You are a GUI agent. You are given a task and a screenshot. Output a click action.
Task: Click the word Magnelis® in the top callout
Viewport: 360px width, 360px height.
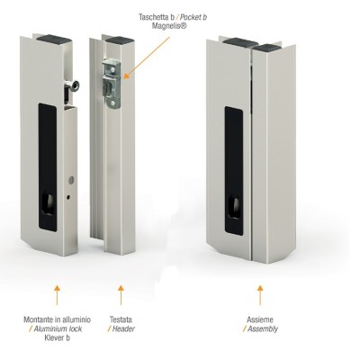[x=169, y=26]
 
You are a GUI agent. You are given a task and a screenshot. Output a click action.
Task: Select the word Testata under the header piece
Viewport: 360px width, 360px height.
[x=121, y=319]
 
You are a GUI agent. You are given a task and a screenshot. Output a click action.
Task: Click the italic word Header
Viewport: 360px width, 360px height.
[x=123, y=328]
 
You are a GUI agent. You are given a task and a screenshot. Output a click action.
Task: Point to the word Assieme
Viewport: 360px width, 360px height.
[x=260, y=319]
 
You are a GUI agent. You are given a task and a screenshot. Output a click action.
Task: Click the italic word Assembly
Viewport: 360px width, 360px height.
[x=263, y=329]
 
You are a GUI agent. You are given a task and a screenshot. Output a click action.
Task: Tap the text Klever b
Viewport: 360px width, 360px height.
[x=57, y=337]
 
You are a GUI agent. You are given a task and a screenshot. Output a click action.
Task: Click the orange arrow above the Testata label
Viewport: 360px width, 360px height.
[x=121, y=295]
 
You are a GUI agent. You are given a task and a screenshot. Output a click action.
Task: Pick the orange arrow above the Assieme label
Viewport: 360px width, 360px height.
[x=260, y=295]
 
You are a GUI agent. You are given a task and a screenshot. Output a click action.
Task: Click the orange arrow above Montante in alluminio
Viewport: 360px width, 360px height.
[x=57, y=295]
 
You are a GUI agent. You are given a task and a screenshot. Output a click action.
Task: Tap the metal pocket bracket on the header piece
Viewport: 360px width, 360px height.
[x=112, y=83]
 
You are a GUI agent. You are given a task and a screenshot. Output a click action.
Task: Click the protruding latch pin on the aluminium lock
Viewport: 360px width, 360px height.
[x=73, y=86]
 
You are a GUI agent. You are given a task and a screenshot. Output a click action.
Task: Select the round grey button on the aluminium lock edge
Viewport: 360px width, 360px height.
[x=71, y=180]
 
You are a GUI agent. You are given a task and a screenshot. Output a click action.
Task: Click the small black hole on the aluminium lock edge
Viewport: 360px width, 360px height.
[x=69, y=197]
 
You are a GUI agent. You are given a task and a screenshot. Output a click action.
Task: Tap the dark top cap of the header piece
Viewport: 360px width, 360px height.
[x=116, y=40]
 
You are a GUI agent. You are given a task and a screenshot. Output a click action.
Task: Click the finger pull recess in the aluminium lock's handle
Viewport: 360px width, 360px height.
[x=48, y=204]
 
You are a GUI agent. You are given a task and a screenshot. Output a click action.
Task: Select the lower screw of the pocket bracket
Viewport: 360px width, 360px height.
[x=112, y=103]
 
